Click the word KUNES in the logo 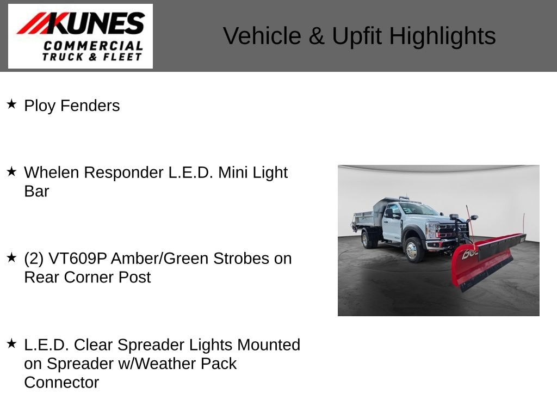[96, 23]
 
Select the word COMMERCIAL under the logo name [94, 46]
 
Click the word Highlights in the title [442, 36]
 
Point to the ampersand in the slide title [317, 36]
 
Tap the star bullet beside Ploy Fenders [12, 104]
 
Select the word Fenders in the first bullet [90, 106]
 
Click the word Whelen [52, 173]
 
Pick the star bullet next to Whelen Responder [12, 171]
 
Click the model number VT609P [77, 259]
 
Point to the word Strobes [241, 259]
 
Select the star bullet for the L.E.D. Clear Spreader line [12, 343]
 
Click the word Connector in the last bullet [61, 383]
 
